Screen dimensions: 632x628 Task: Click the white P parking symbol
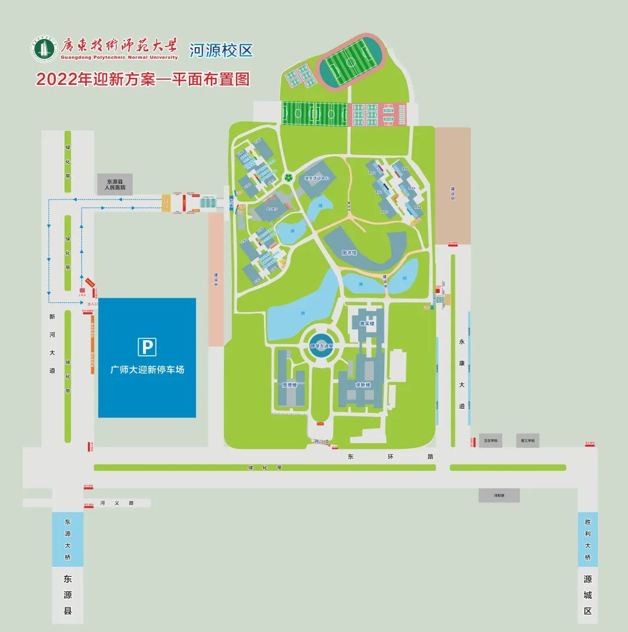pyautogui.click(x=147, y=347)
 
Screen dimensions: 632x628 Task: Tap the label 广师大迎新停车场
pyautogui.click(x=147, y=369)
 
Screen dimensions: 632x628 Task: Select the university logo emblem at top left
pyautogui.click(x=44, y=49)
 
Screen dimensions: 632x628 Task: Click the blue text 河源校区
pyautogui.click(x=222, y=50)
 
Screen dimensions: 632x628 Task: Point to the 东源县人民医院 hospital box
pyautogui.click(x=115, y=184)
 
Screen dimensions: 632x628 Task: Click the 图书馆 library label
pyautogui.click(x=349, y=253)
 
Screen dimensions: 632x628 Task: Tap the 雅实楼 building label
pyautogui.click(x=367, y=323)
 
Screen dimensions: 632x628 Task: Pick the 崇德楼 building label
pyautogui.click(x=290, y=385)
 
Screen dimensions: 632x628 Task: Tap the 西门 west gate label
pyautogui.click(x=317, y=442)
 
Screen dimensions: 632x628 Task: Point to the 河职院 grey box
pyautogui.click(x=499, y=495)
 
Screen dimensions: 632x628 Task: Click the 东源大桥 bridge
pyautogui.click(x=67, y=539)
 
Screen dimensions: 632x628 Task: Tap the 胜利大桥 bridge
pyautogui.click(x=587, y=539)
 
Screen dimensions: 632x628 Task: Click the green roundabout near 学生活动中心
pyautogui.click(x=288, y=177)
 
